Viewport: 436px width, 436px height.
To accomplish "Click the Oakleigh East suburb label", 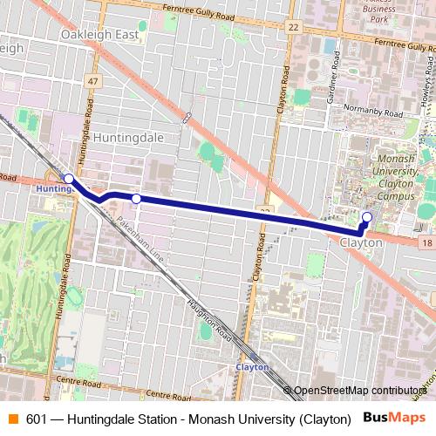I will [x=99, y=34].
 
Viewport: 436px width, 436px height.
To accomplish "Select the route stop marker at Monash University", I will [x=367, y=217].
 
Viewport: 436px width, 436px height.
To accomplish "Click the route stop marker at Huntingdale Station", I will [x=69, y=178].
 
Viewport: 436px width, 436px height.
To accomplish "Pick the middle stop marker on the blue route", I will [x=136, y=199].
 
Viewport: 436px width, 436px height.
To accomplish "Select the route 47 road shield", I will [x=92, y=80].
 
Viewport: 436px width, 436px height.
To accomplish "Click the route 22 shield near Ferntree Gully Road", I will [x=293, y=27].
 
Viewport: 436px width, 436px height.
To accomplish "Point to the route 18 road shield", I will [x=426, y=247].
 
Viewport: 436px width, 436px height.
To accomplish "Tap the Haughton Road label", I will [x=207, y=321].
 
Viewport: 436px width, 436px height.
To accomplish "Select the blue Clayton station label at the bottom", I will [x=252, y=367].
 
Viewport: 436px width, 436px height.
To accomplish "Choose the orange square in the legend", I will [x=12, y=418].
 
